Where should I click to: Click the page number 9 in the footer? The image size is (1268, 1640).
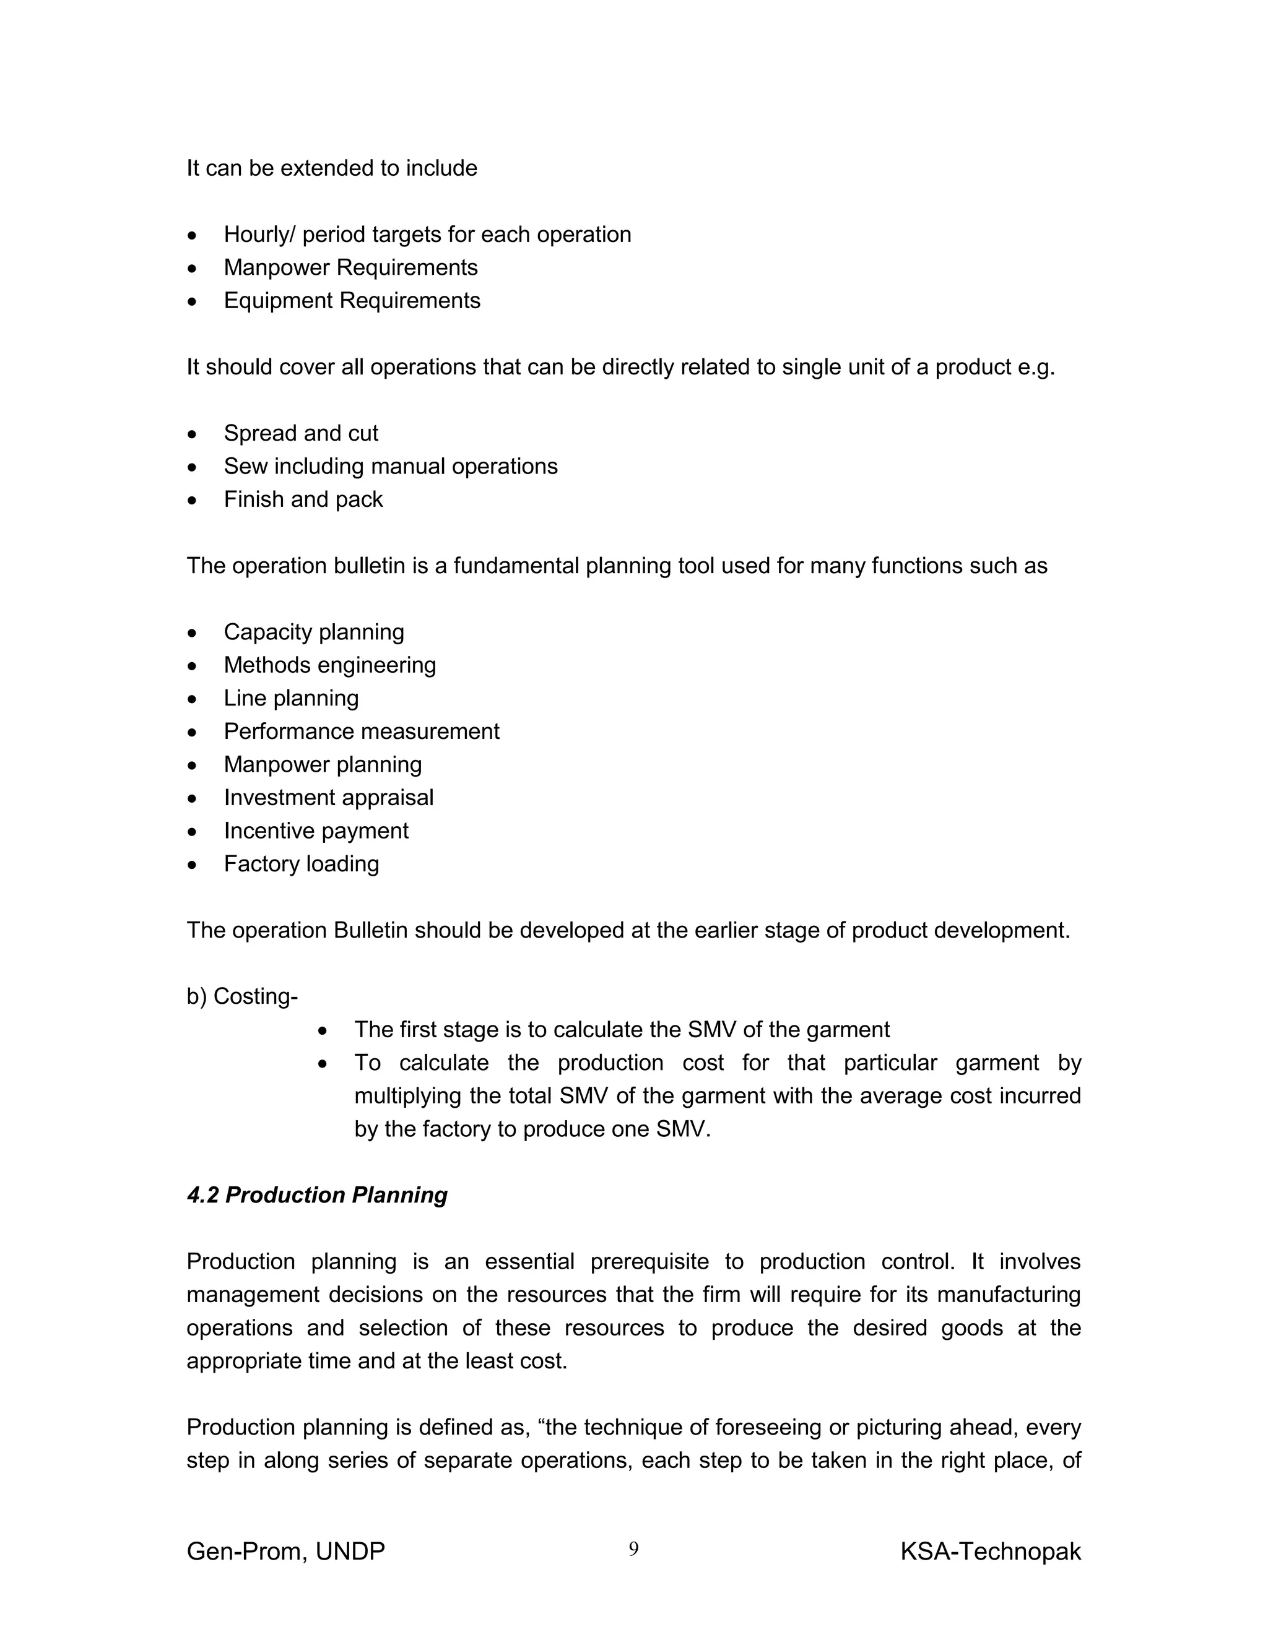click(633, 1548)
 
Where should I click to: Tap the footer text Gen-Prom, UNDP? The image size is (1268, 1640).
click(285, 1551)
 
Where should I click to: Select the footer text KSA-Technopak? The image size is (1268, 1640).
click(990, 1551)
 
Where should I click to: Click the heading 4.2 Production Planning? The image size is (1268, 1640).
click(316, 1194)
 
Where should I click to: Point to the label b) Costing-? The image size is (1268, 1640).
click(242, 996)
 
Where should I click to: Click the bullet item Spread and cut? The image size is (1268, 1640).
click(300, 433)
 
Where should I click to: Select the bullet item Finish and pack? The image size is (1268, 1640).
click(303, 499)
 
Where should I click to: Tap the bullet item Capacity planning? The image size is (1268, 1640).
click(313, 632)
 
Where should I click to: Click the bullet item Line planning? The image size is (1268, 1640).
click(291, 698)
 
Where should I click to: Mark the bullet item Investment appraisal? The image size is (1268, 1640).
click(328, 798)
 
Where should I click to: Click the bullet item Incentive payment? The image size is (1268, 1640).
click(316, 831)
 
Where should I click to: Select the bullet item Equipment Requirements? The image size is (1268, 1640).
click(352, 300)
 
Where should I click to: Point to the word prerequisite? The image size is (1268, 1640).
click(649, 1261)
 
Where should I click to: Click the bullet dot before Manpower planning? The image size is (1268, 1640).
click(193, 765)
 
